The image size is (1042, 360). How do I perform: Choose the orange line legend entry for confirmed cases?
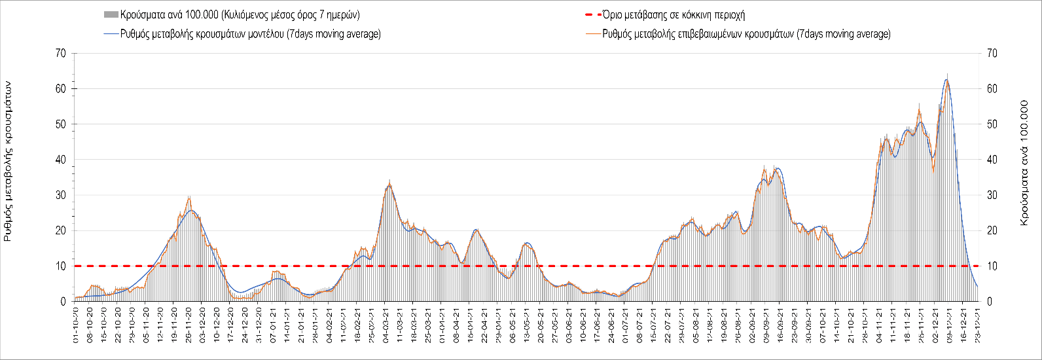[x=746, y=34]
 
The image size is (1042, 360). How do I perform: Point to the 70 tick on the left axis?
[x=62, y=53]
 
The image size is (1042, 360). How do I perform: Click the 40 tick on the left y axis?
[x=62, y=160]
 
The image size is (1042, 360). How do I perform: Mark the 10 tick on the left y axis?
[x=62, y=266]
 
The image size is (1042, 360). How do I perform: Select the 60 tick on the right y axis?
[x=990, y=88]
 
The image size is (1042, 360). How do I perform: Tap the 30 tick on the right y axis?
[x=990, y=195]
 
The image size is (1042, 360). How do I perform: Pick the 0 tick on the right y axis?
[x=988, y=302]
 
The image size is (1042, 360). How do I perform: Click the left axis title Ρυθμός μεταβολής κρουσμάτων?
[x=9, y=161]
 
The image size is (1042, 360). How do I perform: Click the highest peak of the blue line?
[x=946, y=80]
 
